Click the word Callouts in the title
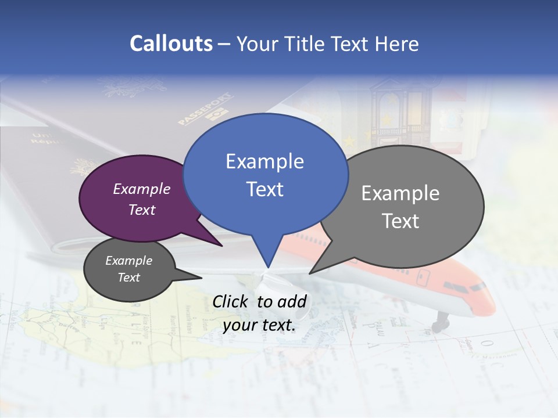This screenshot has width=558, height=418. point(171,44)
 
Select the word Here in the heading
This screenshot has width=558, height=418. point(396,44)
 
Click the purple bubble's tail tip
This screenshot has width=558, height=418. point(223,246)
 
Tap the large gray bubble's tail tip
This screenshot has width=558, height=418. point(310,273)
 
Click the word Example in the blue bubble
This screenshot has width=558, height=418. point(264,161)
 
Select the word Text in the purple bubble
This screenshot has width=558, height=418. point(142,210)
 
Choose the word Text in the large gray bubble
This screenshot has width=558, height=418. point(400,221)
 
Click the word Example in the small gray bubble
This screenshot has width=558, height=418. point(128,261)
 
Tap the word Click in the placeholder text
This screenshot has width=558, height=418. point(231,301)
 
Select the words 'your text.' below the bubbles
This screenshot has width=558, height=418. point(259,325)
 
